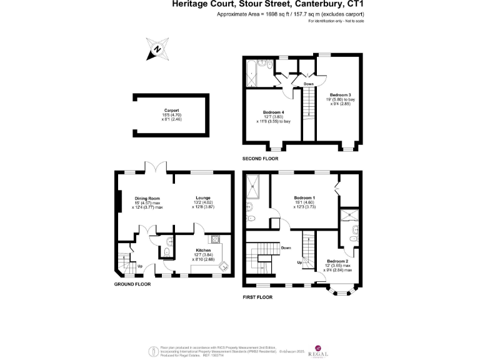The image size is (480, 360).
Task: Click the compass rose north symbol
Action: [x=157, y=49]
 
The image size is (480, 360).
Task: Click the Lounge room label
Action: [x=202, y=198]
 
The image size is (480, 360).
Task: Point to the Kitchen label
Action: [x=203, y=250]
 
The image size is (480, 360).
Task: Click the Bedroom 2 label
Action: [x=337, y=261]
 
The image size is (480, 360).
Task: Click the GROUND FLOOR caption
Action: [x=132, y=284]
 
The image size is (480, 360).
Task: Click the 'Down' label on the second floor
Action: [x=309, y=83]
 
